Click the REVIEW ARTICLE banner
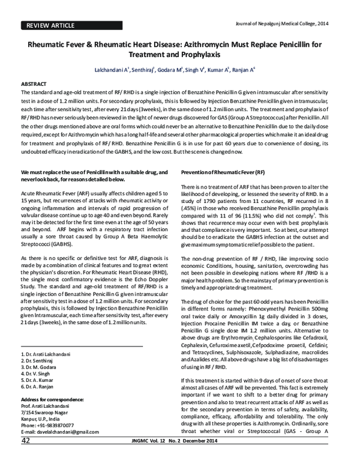click(48, 26)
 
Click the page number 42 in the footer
click(26, 458)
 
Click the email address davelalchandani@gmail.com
click(60, 448)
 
